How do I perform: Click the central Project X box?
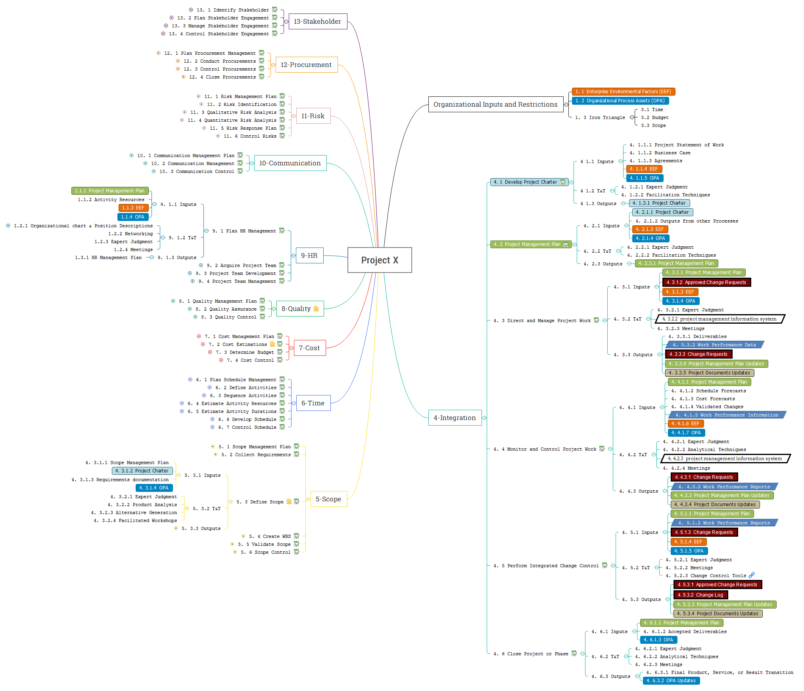380,260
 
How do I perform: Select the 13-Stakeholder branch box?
317,21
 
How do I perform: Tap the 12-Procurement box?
306,65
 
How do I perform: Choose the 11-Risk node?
313,116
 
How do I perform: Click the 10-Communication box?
290,163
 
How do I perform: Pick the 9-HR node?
309,255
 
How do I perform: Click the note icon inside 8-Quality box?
316,309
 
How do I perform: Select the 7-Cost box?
309,348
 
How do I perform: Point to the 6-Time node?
313,403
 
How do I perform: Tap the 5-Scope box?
328,499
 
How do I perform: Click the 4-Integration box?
455,418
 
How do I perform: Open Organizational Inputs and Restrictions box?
495,104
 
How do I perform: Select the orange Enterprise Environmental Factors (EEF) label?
623,92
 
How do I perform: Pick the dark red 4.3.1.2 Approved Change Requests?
706,282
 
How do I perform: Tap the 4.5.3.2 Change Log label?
700,595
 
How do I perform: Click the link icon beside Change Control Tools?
752,575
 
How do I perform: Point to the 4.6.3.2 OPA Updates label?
671,681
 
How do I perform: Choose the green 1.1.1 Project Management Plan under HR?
109,191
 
